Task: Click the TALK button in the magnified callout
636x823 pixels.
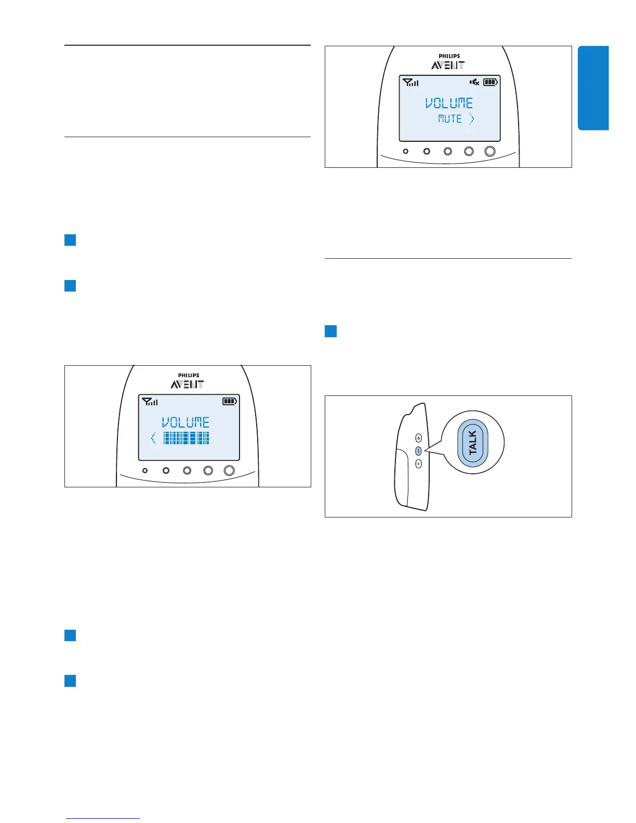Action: (473, 443)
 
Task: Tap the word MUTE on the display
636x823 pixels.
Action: (450, 119)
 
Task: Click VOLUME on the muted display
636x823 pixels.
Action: (449, 103)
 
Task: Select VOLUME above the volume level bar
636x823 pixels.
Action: (186, 422)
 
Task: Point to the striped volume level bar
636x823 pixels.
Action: (186, 438)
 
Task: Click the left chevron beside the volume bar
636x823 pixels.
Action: (153, 438)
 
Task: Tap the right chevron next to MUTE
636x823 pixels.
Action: (471, 119)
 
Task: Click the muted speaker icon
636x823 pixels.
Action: (474, 82)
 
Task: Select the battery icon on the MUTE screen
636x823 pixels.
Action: (491, 82)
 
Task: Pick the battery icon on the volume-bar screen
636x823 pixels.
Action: (230, 401)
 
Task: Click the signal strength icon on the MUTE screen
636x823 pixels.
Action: (411, 82)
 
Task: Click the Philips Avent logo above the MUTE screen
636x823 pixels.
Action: (448, 62)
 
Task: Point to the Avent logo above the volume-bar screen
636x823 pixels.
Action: (187, 381)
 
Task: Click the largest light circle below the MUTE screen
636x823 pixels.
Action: (489, 151)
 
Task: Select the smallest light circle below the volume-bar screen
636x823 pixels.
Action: (145, 470)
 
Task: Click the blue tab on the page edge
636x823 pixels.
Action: (593, 88)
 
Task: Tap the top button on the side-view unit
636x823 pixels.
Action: (418, 439)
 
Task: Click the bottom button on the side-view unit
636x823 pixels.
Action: (418, 464)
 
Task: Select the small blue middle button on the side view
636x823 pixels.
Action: (418, 451)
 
